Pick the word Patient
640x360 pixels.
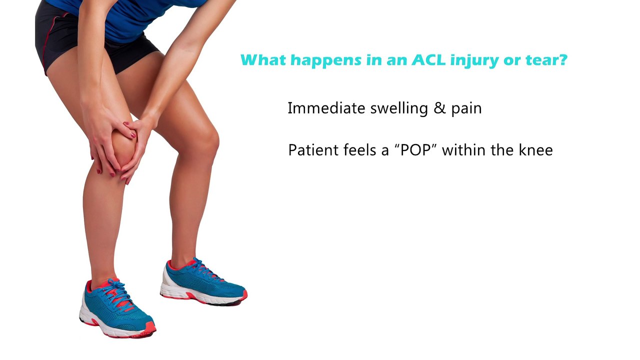(x=312, y=150)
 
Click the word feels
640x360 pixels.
(x=359, y=150)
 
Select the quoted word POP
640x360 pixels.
(x=415, y=150)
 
